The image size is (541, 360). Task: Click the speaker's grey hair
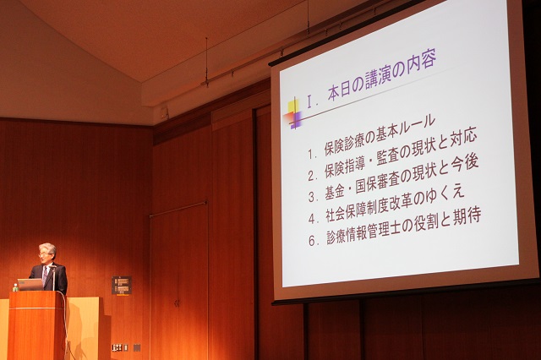tap(48, 248)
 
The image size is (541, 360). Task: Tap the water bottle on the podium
tap(15, 287)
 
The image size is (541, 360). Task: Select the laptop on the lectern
tap(30, 285)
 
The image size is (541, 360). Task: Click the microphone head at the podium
tap(52, 267)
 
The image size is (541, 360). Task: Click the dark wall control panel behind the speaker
tap(122, 285)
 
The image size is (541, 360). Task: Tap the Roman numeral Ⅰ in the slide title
tap(310, 102)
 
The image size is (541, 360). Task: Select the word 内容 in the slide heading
tap(423, 62)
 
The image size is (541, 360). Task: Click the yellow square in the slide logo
tap(293, 106)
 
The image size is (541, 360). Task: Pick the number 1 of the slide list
tap(311, 154)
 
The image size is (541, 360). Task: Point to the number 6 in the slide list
tap(312, 241)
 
